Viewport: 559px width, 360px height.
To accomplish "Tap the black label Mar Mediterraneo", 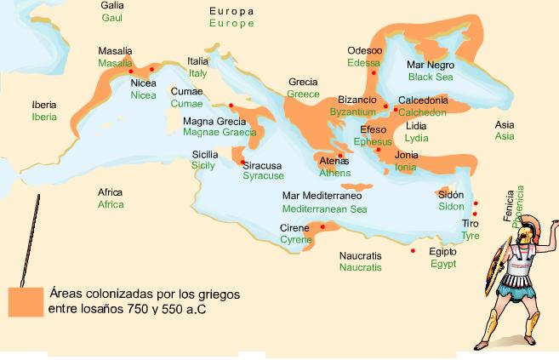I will point(322,196).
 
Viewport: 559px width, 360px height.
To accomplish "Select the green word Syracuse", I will point(263,175).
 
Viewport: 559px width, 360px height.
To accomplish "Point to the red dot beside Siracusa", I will point(242,163).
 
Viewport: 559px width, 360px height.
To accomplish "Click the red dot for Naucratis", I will point(413,251).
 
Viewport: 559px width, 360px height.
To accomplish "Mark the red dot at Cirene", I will point(322,226).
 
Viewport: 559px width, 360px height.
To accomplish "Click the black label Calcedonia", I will point(423,100).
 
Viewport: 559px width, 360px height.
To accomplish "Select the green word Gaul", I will point(111,17).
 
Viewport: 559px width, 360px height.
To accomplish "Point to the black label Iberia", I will point(44,105).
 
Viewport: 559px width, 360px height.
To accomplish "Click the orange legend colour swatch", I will point(25,301).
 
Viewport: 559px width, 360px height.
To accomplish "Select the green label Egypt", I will point(442,264).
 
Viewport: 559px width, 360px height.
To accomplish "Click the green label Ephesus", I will point(373,141).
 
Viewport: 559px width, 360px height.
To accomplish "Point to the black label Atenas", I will point(334,161).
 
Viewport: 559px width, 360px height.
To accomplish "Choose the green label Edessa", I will point(363,63).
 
